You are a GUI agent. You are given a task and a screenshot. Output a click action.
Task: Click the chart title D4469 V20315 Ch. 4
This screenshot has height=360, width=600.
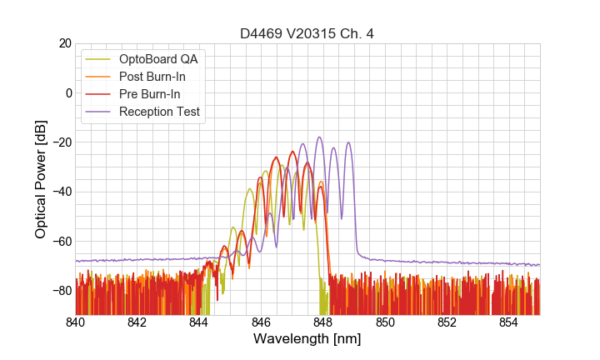pos(307,33)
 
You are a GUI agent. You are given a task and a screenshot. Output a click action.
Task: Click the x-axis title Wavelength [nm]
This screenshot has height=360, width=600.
pos(307,339)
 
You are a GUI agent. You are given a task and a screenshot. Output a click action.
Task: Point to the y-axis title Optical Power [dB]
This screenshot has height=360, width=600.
pos(40,179)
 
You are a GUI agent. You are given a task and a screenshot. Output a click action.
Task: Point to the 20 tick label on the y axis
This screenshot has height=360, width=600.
pos(63,43)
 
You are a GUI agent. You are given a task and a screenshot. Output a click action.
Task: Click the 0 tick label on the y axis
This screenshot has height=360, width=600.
pos(67,92)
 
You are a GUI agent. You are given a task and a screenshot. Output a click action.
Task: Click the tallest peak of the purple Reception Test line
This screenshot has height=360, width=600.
pos(319,137)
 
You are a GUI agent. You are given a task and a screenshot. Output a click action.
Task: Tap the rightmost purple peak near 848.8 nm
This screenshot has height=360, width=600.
pos(348,142)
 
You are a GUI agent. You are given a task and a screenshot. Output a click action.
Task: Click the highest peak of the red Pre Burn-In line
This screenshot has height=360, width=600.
pos(292,152)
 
